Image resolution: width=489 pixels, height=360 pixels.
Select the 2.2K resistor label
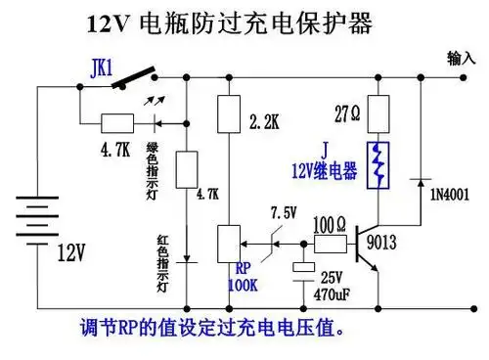pos(267,122)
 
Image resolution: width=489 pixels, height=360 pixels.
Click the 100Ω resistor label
pos(331,221)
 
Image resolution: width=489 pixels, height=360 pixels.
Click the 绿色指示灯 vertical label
pos(153,163)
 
